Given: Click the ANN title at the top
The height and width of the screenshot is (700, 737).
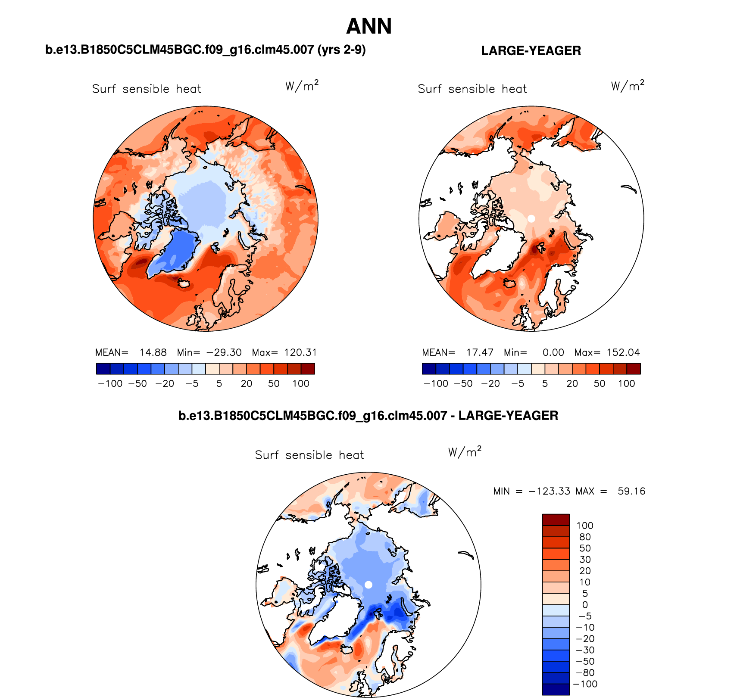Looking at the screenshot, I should [369, 26].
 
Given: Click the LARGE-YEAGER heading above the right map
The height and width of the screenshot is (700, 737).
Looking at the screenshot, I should [531, 51].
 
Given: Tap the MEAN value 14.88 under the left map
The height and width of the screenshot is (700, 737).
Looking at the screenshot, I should [153, 352].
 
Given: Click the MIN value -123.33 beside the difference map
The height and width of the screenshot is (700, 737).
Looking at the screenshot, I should [550, 491].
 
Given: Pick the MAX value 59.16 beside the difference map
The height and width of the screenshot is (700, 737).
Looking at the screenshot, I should [631, 491].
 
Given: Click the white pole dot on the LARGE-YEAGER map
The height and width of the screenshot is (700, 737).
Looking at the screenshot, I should [531, 219].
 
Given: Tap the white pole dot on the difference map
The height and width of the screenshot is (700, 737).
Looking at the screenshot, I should [368, 585].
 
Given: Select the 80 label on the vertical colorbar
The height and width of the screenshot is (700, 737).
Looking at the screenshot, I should [585, 537].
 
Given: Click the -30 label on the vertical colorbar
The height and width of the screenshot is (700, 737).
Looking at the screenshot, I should [585, 650].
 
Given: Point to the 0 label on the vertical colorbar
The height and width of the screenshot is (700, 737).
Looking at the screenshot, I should [585, 605].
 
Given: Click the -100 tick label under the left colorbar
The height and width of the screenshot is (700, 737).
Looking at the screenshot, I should [110, 383].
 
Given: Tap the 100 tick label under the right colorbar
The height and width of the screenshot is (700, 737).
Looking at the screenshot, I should [626, 383].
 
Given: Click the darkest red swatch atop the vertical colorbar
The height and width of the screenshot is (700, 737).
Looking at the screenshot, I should [556, 520].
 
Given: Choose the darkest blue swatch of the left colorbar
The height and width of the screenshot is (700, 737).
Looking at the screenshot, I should [103, 369].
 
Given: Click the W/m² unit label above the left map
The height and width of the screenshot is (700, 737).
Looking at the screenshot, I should [302, 86].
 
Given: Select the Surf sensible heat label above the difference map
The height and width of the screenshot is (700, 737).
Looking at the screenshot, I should [309, 455].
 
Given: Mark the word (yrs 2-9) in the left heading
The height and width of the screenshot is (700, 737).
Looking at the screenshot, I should [341, 50].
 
